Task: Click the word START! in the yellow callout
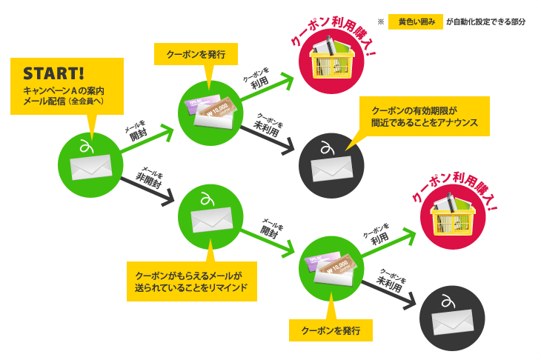54,74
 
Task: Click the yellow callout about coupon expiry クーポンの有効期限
424,116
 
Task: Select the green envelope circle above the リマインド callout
210,213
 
